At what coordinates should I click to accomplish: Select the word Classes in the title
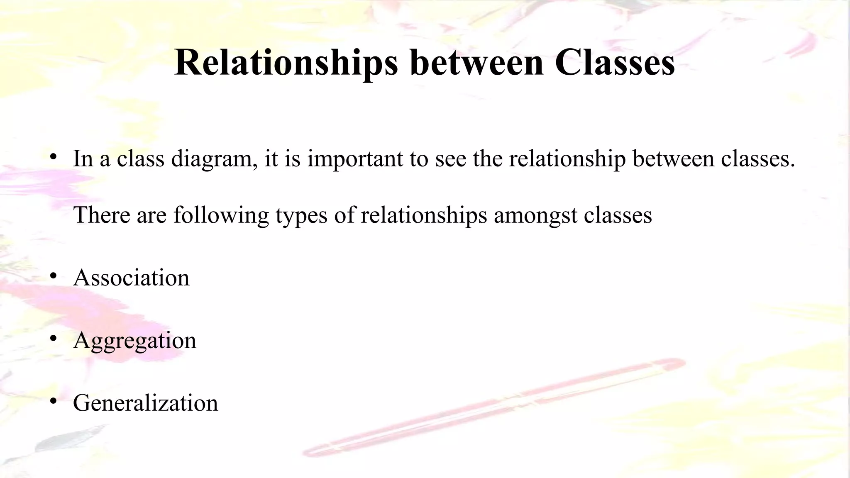[615, 63]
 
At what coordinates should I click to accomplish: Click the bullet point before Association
[53, 276]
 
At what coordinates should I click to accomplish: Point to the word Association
[131, 278]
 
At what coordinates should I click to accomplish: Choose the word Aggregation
[134, 341]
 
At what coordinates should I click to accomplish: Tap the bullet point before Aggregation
[53, 339]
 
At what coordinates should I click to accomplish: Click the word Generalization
[145, 403]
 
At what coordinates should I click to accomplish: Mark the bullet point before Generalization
[53, 402]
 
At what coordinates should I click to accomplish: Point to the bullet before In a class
[53, 157]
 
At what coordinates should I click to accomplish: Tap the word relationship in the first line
[567, 159]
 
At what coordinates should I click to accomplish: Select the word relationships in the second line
[423, 215]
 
